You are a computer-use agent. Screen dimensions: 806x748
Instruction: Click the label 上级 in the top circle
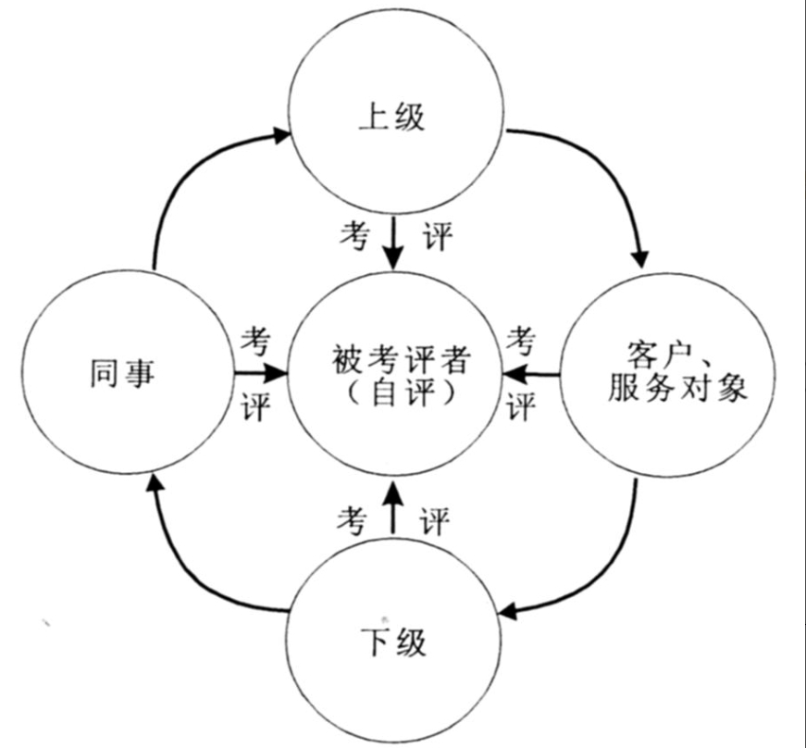tap(391, 118)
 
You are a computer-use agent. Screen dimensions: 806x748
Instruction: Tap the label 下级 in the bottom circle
tap(394, 642)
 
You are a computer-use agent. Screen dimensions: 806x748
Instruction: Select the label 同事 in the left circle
tap(122, 373)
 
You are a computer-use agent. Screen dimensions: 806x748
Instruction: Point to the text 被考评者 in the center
tap(400, 360)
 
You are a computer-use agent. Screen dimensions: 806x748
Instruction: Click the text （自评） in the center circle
tap(400, 393)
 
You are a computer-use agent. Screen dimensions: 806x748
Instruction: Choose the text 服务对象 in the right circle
tap(677, 387)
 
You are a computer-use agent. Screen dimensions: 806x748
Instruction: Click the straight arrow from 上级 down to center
tap(394, 243)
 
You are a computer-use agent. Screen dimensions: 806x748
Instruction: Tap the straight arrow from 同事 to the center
tap(261, 374)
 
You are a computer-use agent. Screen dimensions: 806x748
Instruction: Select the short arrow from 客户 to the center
tap(531, 374)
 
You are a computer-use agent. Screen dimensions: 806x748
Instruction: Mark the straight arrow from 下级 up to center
tap(394, 508)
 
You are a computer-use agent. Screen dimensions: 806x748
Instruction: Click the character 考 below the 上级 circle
tap(354, 236)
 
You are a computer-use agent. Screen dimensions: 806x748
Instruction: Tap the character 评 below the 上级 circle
tap(437, 236)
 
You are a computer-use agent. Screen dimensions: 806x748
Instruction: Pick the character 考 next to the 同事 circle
tap(255, 341)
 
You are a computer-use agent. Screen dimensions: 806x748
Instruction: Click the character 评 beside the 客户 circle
tap(521, 406)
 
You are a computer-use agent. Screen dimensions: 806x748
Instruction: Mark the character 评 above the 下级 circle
tap(434, 520)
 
